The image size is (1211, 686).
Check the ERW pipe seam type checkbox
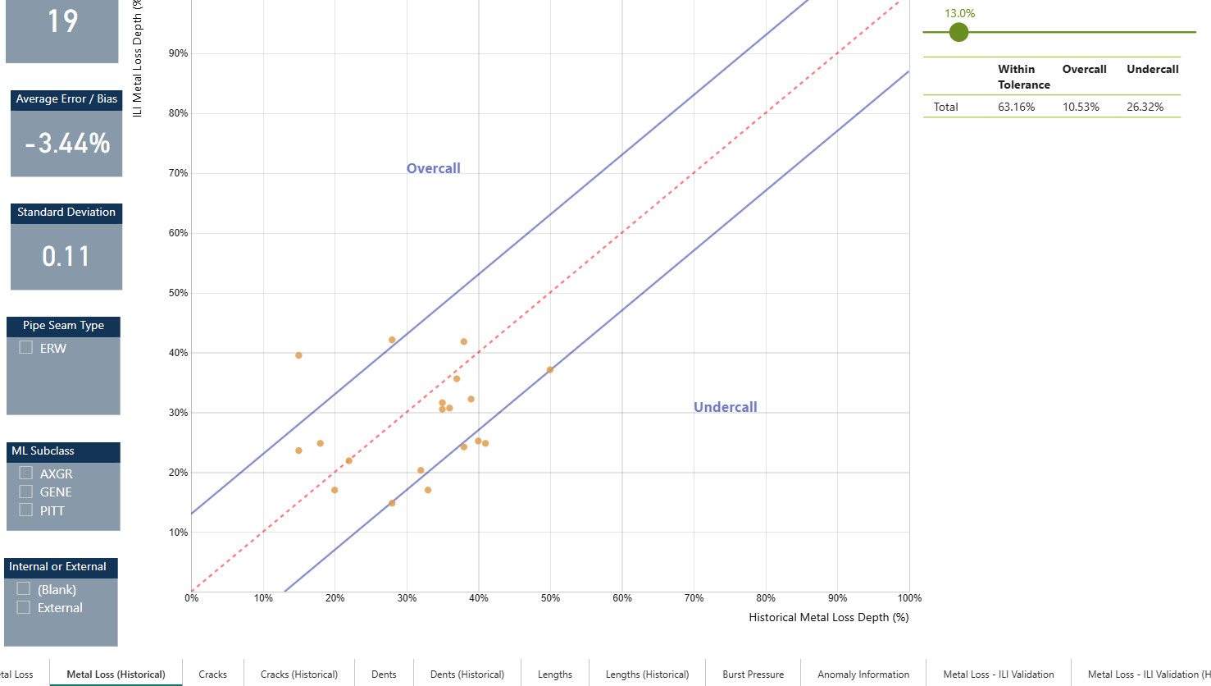tap(26, 348)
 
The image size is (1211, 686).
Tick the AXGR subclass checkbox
tap(26, 473)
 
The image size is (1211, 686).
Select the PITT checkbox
tap(26, 510)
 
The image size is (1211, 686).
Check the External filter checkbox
tap(24, 608)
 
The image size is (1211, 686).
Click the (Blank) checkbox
tap(24, 589)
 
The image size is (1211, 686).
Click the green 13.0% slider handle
tap(958, 33)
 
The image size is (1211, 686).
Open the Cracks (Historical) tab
tap(299, 675)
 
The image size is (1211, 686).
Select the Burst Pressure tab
tap(753, 675)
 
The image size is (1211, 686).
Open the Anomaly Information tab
tap(863, 675)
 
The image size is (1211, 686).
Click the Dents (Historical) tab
tap(467, 675)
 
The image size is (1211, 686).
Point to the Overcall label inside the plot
tap(434, 168)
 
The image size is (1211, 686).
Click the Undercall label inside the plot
tap(725, 407)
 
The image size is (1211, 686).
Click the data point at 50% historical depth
tap(550, 370)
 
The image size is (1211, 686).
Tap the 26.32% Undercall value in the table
tap(1145, 107)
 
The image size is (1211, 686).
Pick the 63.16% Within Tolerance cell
tap(1016, 107)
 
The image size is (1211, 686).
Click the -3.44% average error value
tap(67, 144)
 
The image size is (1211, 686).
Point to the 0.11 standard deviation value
tap(66, 257)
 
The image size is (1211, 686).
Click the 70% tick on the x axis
tap(694, 598)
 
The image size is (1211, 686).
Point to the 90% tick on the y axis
tap(178, 53)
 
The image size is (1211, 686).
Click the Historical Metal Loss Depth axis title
tap(828, 617)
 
